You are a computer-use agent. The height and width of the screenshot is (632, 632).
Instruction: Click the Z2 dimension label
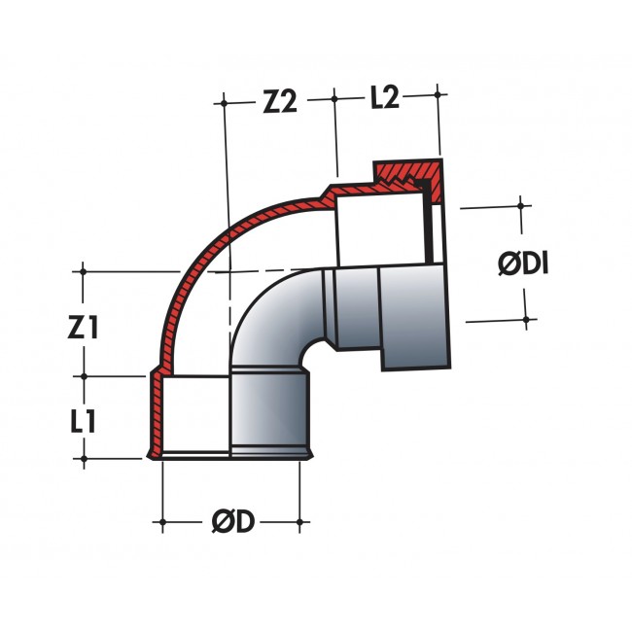[x=280, y=101]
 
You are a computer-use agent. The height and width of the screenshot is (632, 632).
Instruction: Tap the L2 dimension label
[x=384, y=97]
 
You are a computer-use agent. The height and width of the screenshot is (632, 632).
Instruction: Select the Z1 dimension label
[x=83, y=327]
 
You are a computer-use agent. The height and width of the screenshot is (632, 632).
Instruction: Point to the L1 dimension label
[x=83, y=422]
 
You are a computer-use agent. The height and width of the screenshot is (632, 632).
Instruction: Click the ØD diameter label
[x=233, y=521]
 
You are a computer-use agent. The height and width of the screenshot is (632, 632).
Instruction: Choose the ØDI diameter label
[x=523, y=263]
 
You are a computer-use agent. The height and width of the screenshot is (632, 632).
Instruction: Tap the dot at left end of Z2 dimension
[x=224, y=103]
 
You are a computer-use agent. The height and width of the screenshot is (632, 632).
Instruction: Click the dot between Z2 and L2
[x=334, y=99]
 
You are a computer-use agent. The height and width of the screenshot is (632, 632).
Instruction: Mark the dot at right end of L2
[x=438, y=94]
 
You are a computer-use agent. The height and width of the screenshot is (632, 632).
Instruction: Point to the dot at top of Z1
[x=83, y=271]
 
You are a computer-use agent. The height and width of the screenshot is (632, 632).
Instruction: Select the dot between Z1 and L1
[x=84, y=376]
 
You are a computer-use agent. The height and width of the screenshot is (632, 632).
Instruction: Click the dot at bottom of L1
[x=84, y=459]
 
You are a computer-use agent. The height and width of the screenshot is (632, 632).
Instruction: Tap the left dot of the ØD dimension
[x=162, y=522]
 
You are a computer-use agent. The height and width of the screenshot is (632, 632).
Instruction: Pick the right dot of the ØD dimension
[x=299, y=522]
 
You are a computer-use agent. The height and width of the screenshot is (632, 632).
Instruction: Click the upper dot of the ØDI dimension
[x=521, y=206]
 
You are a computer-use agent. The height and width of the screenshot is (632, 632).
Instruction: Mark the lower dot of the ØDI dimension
[x=526, y=320]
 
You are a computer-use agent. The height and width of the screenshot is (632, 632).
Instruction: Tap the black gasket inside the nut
[x=427, y=222]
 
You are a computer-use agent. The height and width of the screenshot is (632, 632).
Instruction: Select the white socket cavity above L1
[x=195, y=414]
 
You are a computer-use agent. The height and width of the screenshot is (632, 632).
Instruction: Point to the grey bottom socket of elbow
[x=269, y=414]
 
